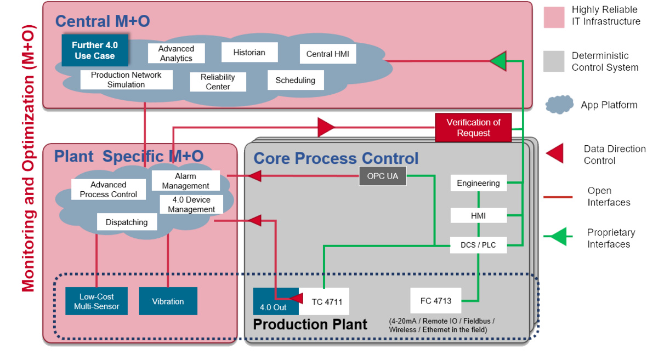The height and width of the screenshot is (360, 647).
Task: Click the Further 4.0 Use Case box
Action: coord(95,50)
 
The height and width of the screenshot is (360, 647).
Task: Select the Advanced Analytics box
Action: coord(176,54)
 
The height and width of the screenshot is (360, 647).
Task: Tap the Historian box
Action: coord(249,53)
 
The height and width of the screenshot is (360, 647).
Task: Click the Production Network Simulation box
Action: coord(126,80)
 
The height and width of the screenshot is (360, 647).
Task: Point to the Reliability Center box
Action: coord(218,82)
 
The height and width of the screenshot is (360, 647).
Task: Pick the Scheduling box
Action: coord(296,81)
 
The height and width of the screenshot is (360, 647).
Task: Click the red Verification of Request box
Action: coord(473,128)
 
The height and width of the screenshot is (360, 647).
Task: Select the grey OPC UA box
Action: coord(383,176)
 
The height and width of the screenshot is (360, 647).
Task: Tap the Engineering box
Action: coord(478,183)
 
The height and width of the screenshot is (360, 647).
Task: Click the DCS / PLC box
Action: coord(478,245)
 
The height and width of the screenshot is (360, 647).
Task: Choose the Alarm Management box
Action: coord(185,181)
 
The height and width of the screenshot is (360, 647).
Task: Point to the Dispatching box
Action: coord(127,222)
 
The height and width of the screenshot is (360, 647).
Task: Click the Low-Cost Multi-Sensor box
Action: coord(97,301)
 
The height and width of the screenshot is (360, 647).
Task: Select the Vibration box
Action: coord(168,301)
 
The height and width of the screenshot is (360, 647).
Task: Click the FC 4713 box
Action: coord(436,300)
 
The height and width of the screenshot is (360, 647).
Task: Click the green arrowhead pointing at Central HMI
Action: coord(498,61)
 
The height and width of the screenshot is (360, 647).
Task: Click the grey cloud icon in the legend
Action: coord(559,104)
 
